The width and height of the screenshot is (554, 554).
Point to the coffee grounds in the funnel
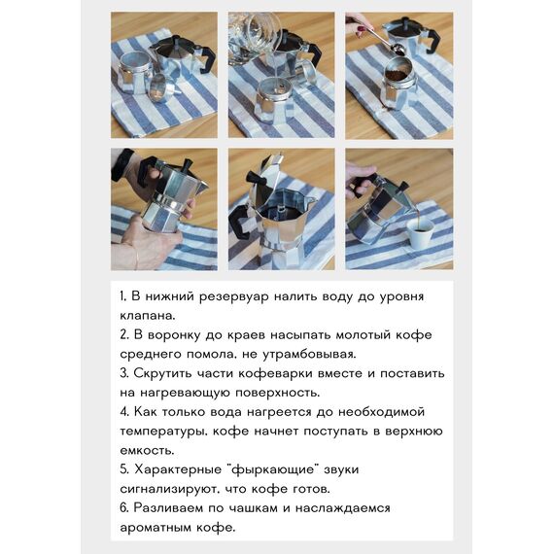399,74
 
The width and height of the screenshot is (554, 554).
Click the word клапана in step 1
147,316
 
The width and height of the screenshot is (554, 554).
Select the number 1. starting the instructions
123,296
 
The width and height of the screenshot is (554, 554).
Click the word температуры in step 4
166,432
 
